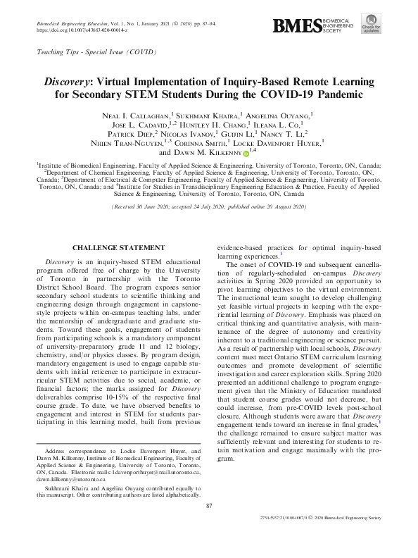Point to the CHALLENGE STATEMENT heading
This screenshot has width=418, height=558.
pos(118,248)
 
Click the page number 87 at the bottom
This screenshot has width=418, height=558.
pos(208,506)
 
